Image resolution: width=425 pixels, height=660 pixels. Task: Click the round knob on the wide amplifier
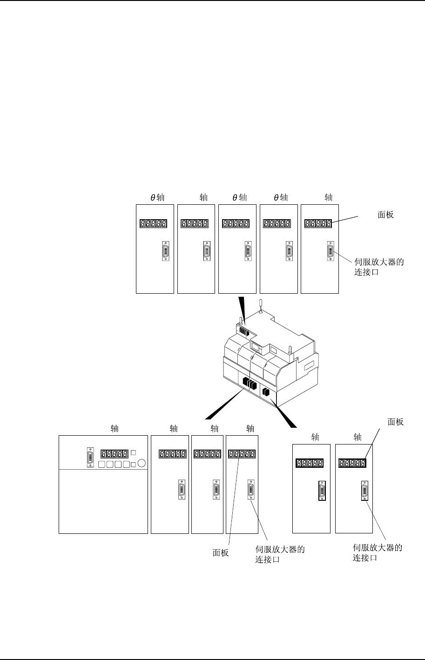(142, 463)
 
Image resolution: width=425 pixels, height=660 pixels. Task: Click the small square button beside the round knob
(134, 464)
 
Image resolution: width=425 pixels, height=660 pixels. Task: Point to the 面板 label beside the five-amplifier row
(385, 215)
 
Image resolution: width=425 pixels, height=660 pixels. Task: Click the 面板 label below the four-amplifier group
(221, 553)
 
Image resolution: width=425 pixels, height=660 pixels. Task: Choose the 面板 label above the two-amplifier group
(396, 422)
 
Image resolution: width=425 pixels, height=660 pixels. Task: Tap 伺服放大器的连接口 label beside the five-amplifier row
(379, 267)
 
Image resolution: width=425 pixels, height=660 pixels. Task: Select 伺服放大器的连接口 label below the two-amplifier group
(378, 552)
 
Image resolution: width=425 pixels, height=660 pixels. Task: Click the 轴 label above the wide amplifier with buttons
(115, 428)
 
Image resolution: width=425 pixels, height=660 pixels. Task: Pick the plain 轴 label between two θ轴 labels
(203, 197)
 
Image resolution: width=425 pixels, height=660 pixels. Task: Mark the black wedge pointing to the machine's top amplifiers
(241, 307)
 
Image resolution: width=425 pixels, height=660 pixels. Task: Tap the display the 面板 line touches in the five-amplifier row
(318, 224)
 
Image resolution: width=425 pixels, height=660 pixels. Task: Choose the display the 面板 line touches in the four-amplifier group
(241, 454)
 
